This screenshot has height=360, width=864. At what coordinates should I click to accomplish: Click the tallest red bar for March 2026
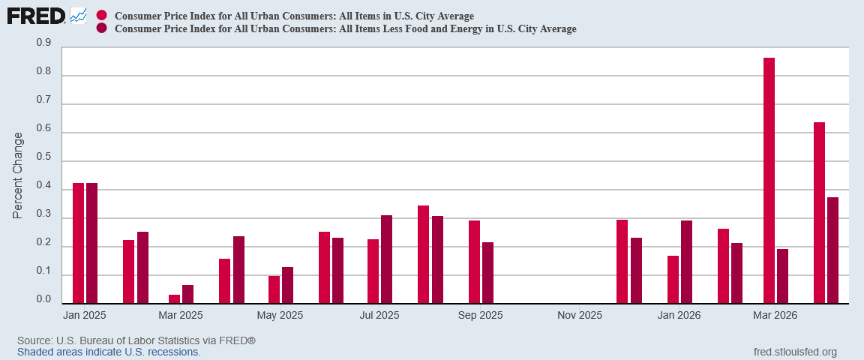coord(769,180)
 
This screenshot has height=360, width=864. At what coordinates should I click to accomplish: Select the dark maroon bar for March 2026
coord(782,276)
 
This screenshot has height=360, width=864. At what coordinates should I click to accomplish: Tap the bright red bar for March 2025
coord(174,298)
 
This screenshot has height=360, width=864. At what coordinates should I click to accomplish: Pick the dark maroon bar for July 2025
coord(386,259)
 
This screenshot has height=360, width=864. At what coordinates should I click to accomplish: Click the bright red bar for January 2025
coord(78,243)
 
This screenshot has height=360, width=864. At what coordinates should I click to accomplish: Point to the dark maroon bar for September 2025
coord(487,273)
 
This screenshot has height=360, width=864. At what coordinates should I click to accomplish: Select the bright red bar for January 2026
coord(673,280)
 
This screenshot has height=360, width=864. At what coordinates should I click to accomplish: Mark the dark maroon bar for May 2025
coord(288,285)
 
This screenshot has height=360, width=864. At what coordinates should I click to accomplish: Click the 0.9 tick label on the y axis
coord(43,42)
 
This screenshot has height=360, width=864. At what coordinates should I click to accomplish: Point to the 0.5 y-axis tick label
coord(43,156)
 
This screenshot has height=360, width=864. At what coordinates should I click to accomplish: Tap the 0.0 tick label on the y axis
coord(43,298)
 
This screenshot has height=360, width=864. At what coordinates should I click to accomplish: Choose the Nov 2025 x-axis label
coord(579,315)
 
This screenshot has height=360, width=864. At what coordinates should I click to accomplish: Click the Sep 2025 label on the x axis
coord(481,315)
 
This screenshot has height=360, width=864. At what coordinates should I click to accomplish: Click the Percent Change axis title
coord(18,175)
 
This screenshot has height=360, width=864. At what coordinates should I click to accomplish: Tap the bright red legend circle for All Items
coord(101,16)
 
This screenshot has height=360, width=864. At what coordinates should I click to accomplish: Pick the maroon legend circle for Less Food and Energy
coord(101,28)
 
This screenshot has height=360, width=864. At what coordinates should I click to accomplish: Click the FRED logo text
coord(36,16)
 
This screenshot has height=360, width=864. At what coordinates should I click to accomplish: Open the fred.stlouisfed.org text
coord(794,352)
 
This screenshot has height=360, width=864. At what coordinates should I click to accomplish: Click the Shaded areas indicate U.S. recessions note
coord(109,351)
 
